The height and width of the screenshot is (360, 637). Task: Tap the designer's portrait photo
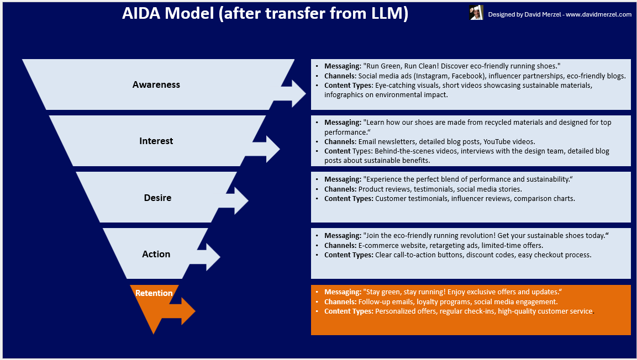[x=476, y=13]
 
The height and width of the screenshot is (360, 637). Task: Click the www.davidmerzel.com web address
[x=598, y=15]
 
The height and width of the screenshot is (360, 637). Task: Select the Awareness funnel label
[x=156, y=84]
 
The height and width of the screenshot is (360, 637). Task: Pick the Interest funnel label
[x=156, y=141]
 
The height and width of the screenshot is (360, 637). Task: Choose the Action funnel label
[x=156, y=254]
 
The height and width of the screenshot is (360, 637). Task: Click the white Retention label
[x=154, y=293]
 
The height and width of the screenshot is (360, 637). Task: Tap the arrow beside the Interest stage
[x=267, y=148]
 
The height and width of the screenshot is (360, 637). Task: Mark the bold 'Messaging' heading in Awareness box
[x=342, y=66]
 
